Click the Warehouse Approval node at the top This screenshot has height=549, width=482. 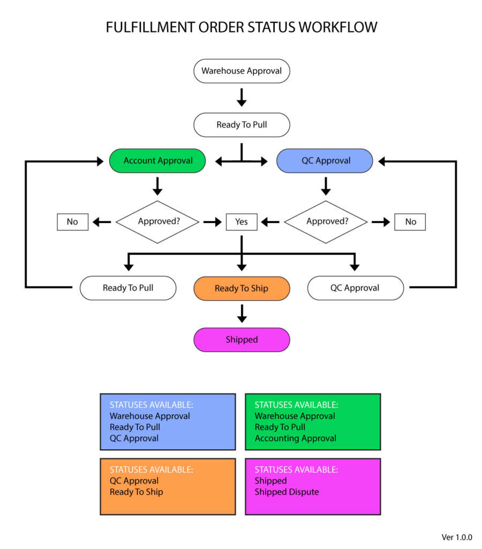(x=242, y=71)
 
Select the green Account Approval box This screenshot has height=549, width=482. (x=157, y=160)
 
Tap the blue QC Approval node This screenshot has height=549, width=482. (x=325, y=160)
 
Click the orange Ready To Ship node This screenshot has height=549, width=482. (x=242, y=288)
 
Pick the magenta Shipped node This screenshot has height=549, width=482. (x=242, y=340)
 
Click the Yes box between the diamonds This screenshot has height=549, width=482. (x=242, y=221)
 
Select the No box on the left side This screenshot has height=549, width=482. (x=72, y=221)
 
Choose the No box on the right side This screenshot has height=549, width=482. (x=410, y=221)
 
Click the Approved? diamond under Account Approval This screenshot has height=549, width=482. (x=157, y=221)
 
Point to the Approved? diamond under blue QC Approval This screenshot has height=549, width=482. (x=326, y=221)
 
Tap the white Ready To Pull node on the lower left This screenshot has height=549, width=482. (x=128, y=288)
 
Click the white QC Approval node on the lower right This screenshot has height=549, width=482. (x=355, y=288)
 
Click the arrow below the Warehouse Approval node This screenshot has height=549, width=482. (x=242, y=97)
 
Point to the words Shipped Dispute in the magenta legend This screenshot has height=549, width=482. (x=287, y=492)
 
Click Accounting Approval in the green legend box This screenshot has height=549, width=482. (x=295, y=438)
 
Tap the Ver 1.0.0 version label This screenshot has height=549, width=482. (x=457, y=537)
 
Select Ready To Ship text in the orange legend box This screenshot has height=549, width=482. (x=136, y=492)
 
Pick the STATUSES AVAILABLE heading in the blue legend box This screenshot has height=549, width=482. (x=151, y=405)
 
